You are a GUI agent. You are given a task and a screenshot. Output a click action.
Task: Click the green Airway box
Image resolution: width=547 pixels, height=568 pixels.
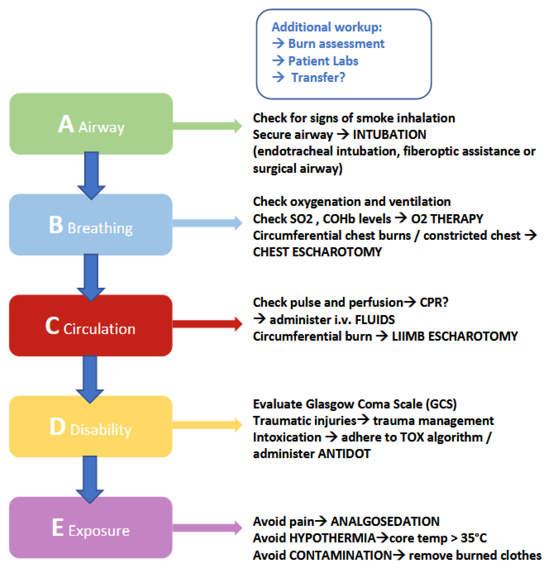(x=91, y=124)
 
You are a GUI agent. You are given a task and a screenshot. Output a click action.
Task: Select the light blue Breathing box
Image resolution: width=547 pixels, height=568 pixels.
(x=91, y=225)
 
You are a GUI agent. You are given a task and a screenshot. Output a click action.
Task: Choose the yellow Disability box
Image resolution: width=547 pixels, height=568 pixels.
(x=91, y=426)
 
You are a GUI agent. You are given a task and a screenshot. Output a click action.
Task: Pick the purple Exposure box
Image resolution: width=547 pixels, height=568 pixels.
(x=91, y=527)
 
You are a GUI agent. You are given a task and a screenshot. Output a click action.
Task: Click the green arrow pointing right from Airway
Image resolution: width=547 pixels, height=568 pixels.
(x=207, y=126)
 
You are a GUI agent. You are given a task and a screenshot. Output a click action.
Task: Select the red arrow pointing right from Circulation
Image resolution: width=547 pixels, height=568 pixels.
(x=207, y=324)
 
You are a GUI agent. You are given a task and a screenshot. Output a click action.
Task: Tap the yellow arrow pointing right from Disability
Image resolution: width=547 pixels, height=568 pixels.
(x=207, y=425)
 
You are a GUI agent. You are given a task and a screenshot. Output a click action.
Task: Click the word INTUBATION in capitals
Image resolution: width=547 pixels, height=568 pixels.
(x=389, y=135)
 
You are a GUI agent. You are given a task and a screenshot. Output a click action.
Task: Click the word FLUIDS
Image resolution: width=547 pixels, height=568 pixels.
(x=375, y=320)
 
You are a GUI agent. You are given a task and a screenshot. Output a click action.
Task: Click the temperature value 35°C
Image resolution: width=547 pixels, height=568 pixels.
(x=474, y=538)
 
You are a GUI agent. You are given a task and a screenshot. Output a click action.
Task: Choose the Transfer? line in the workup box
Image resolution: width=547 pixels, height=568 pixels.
(x=318, y=77)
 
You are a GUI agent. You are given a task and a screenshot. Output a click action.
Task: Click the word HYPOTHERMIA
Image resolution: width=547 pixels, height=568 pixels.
(x=332, y=538)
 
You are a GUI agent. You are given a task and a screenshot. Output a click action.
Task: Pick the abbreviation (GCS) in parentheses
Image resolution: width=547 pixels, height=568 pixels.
(x=441, y=404)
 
